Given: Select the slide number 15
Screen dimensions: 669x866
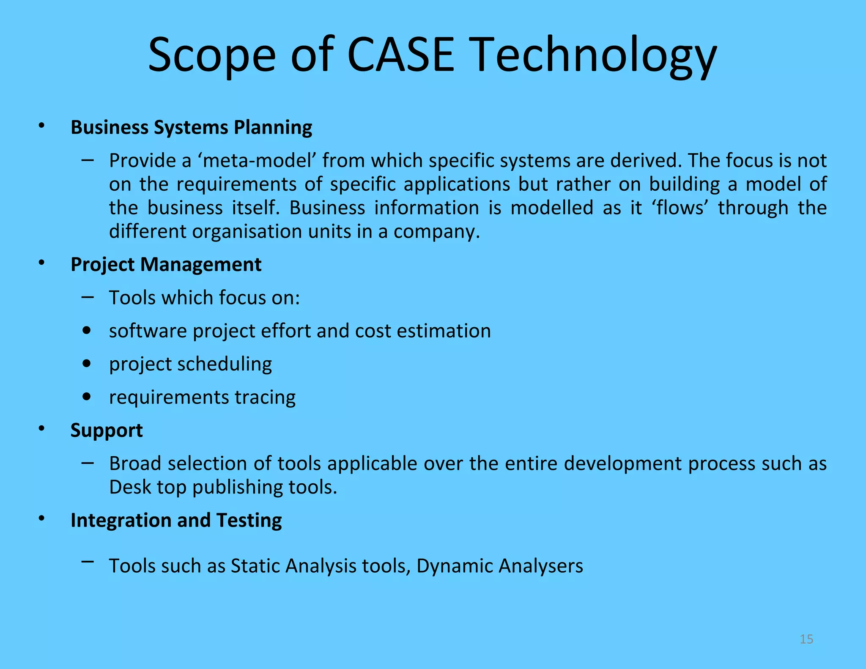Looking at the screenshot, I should (x=806, y=639).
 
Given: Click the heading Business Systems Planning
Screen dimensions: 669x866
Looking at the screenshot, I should (x=191, y=127).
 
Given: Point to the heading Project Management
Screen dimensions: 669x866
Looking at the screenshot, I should (x=166, y=264).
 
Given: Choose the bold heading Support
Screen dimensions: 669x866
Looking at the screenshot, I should (x=106, y=430).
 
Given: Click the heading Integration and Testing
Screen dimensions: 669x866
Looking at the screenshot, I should (x=176, y=520).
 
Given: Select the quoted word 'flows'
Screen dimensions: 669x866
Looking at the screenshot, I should (x=681, y=208).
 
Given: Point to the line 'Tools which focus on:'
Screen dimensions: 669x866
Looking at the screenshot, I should (x=204, y=297).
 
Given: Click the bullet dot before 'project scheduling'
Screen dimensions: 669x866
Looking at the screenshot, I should (x=87, y=364).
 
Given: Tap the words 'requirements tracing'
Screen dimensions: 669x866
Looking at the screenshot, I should (x=202, y=397).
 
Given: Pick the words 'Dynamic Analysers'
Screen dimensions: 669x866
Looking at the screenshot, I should (x=499, y=566).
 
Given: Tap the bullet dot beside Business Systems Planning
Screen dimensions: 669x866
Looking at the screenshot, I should (x=41, y=126).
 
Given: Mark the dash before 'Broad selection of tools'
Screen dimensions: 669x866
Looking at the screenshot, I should (x=88, y=463).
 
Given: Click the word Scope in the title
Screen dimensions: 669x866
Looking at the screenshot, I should (x=211, y=55).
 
